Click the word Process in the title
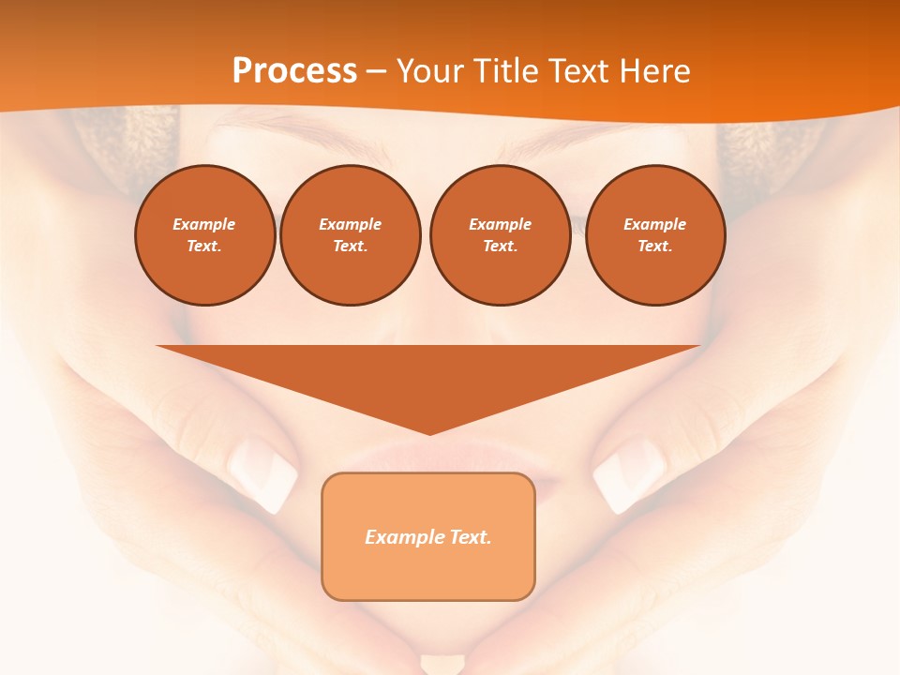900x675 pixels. [294, 71]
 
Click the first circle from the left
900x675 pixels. [204, 235]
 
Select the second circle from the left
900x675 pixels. [350, 235]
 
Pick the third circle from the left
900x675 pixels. [500, 235]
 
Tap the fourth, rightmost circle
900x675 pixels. [654, 235]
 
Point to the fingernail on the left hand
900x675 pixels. [263, 472]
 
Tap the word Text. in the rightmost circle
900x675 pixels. [654, 247]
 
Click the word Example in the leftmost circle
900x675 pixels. [204, 224]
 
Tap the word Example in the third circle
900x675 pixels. [500, 224]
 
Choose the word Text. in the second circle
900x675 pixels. [350, 247]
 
